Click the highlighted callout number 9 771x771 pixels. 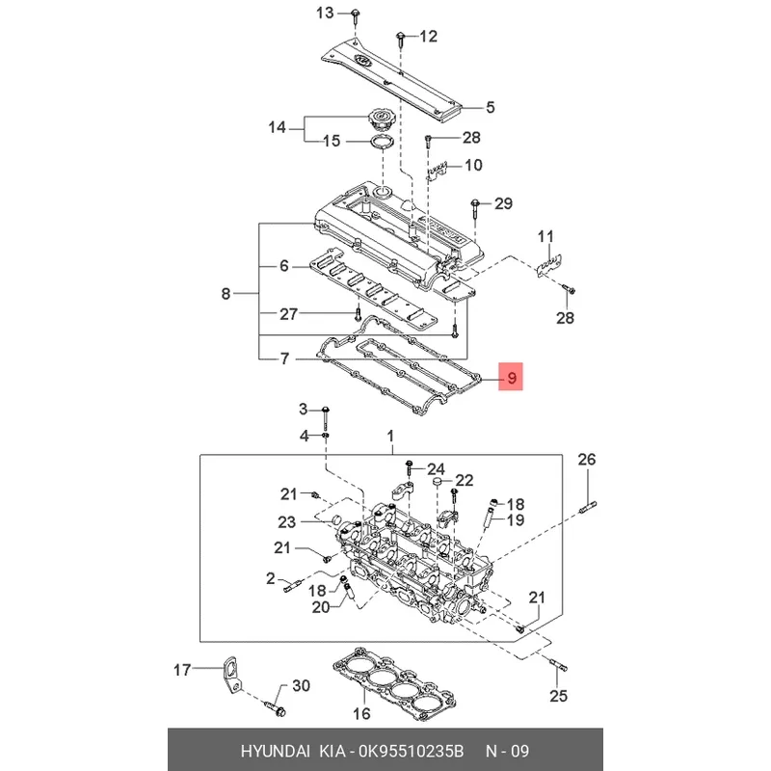[511, 377]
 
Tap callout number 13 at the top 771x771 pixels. [324, 13]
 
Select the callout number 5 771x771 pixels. [489, 107]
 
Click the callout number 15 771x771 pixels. [331, 142]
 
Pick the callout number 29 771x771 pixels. [504, 203]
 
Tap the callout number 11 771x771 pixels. [546, 236]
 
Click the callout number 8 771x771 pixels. [226, 294]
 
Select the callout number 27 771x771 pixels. [289, 313]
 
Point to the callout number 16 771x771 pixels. [361, 714]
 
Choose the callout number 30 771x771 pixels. [301, 686]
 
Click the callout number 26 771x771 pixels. [587, 460]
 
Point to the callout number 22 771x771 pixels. [465, 480]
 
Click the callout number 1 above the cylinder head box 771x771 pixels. [391, 437]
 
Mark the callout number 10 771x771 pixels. [473, 165]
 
